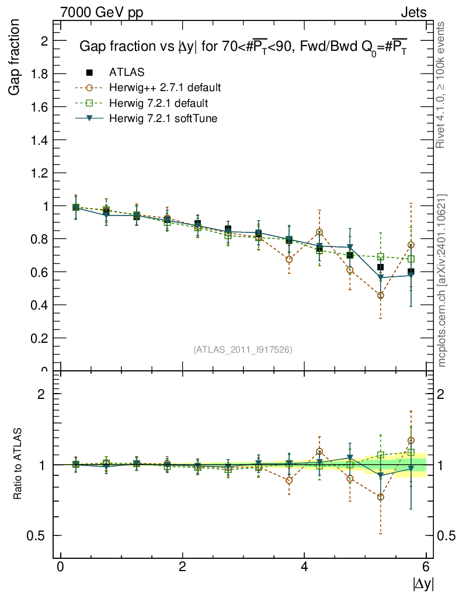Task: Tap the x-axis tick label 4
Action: tap(304, 567)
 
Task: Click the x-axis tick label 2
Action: tap(182, 567)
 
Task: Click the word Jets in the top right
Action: tap(413, 12)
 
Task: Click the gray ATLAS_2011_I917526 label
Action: tap(243, 350)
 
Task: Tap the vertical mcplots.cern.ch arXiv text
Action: tap(442, 280)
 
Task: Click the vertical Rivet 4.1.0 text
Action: tap(442, 85)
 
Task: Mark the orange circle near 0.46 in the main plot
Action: tap(380, 295)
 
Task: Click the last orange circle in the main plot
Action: tap(411, 245)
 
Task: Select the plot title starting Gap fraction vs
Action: tap(243, 48)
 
